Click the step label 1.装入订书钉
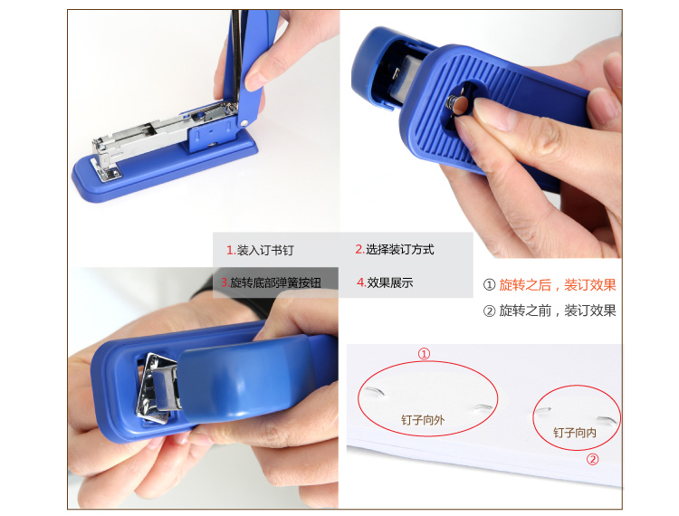point(260,250)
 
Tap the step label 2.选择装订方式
point(395,249)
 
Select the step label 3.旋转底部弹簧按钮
point(271,282)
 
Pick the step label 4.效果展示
point(385,282)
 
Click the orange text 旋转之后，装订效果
point(558,285)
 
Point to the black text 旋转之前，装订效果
point(558,311)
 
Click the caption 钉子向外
point(423,420)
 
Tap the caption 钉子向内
point(575,433)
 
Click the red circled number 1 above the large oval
point(424,354)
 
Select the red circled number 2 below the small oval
point(592,459)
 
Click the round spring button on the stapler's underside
point(461,105)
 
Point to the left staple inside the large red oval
point(375,392)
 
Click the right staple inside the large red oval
point(483,407)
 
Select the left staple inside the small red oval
point(542,410)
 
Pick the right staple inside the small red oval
point(606,419)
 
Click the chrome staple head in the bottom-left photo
point(158,387)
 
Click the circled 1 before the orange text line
point(489,285)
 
